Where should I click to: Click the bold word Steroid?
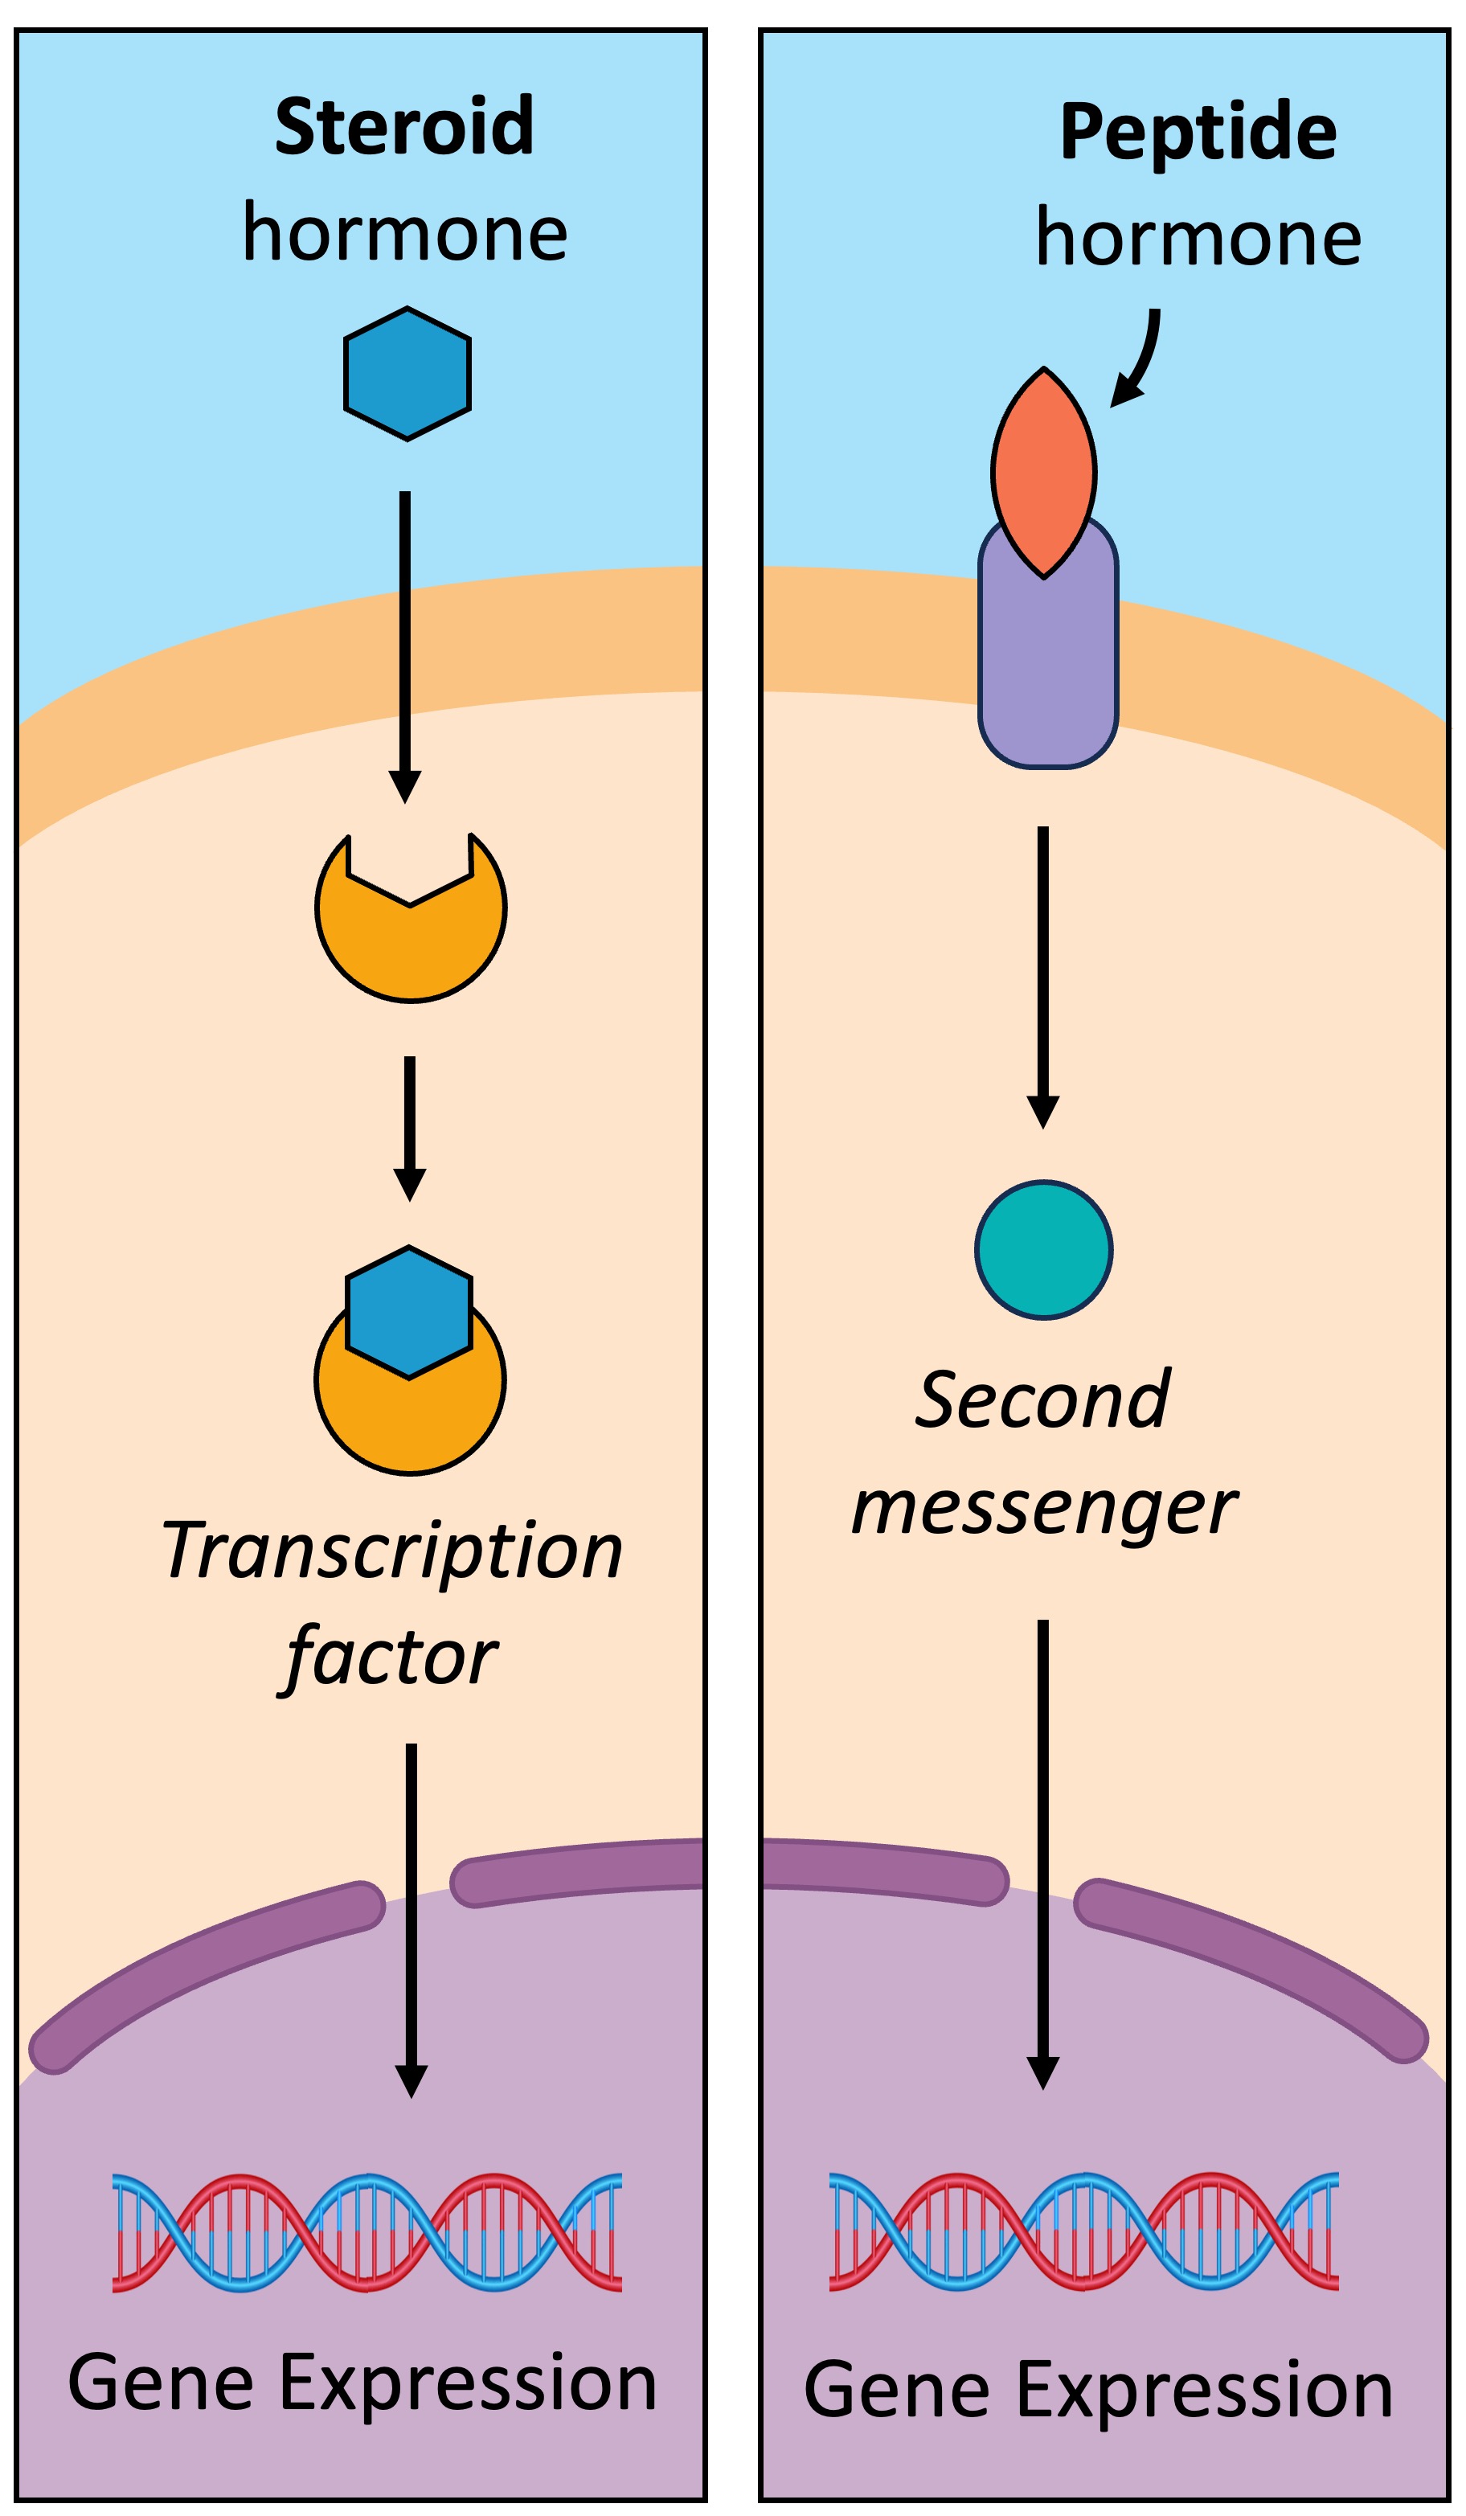(x=404, y=127)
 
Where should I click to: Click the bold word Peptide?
(x=1198, y=132)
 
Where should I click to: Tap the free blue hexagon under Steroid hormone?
(x=407, y=374)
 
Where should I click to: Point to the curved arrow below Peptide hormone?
(x=1140, y=359)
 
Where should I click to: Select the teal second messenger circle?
(x=1043, y=1249)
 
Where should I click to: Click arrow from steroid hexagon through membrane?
(x=404, y=639)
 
